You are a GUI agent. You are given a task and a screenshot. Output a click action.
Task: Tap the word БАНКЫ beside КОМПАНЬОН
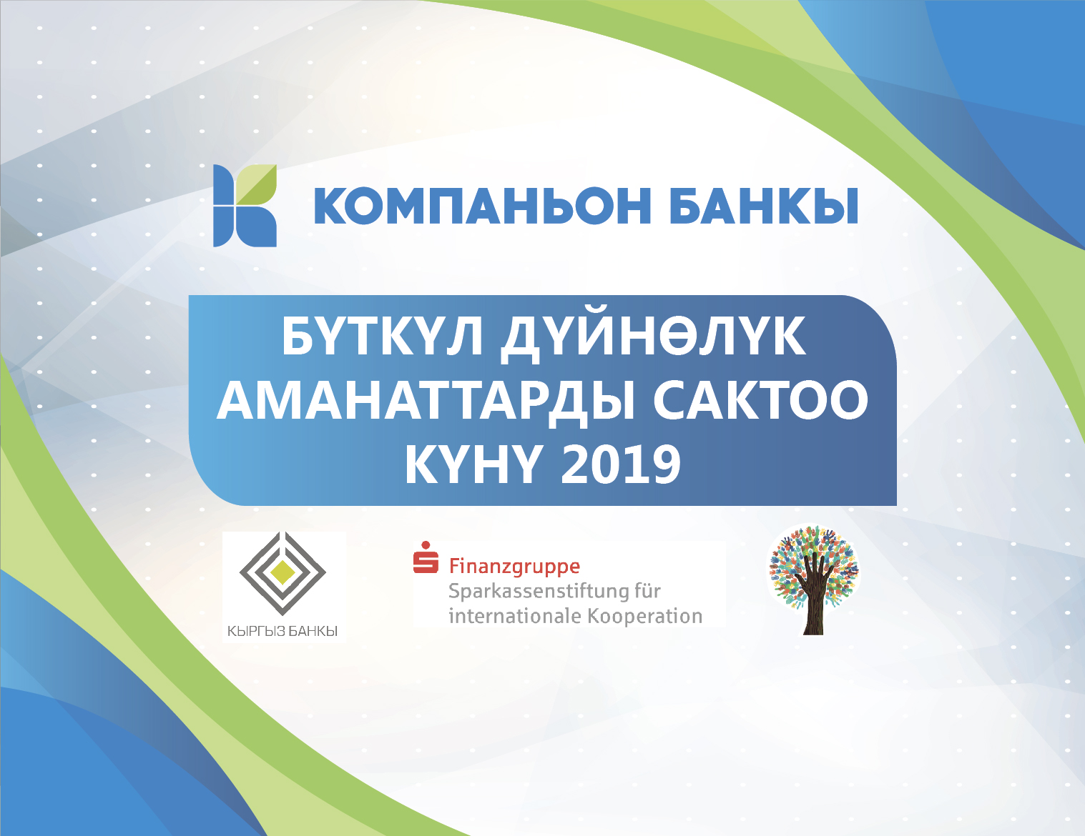764,206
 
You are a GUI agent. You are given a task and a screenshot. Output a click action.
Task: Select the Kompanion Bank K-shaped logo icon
245,206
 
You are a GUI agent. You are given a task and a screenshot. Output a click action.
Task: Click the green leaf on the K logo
257,185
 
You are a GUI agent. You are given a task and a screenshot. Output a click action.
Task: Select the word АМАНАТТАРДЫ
426,402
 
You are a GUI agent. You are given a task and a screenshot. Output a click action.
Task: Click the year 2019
621,465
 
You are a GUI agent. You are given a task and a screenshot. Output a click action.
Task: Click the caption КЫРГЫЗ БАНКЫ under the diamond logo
283,632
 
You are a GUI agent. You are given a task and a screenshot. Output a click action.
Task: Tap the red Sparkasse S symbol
426,557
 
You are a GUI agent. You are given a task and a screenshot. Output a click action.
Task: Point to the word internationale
514,616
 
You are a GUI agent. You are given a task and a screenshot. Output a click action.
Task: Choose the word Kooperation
645,616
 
